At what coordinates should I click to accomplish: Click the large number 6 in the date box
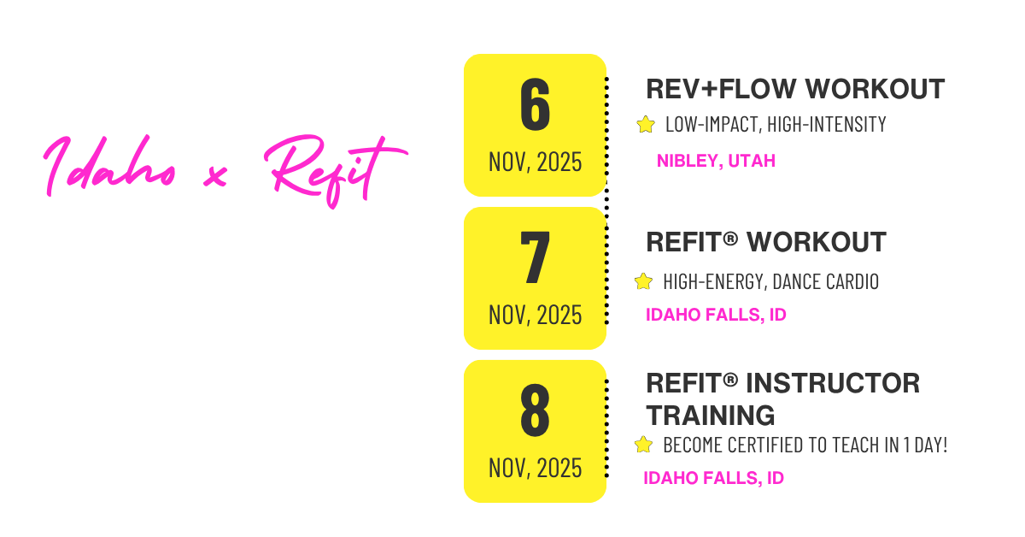point(535,104)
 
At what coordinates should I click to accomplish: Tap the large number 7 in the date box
point(535,257)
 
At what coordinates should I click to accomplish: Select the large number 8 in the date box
point(535,410)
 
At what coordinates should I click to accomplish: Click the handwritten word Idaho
point(109,165)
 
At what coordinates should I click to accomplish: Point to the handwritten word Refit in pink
point(336,169)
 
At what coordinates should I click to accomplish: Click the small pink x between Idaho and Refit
point(215,176)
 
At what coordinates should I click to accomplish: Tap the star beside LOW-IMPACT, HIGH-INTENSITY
point(645,125)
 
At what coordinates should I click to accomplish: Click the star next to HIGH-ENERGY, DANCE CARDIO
point(643,282)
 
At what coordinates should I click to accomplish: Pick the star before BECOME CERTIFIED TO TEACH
point(643,445)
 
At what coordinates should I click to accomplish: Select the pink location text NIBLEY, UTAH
point(716,161)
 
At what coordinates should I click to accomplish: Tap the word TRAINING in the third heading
point(710,416)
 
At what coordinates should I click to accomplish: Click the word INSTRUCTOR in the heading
point(833,383)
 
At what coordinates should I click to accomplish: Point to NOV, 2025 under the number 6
point(535,162)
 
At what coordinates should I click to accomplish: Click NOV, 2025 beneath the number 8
point(535,469)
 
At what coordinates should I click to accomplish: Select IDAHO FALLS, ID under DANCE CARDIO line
point(716,315)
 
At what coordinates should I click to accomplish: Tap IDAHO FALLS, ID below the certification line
point(714,478)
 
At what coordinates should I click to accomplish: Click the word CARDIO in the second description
point(852,282)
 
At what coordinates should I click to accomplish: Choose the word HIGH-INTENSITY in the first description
point(827,125)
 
